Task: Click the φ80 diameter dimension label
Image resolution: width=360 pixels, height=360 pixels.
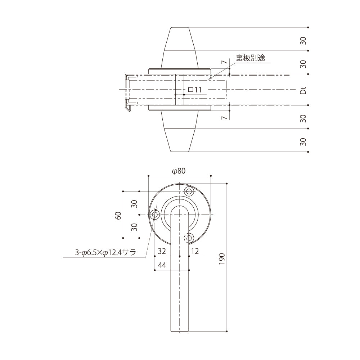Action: point(179,171)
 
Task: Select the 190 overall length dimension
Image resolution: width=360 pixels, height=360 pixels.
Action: point(221,259)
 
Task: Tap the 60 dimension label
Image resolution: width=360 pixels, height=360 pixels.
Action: point(118,215)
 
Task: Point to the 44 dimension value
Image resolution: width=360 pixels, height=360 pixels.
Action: point(162,265)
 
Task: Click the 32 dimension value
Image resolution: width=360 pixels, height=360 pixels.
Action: point(162,251)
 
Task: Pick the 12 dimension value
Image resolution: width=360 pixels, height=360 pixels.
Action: point(195,251)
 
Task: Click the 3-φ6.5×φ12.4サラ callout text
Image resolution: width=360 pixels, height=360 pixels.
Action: point(105,253)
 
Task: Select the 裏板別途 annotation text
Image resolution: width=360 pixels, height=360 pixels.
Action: point(250,58)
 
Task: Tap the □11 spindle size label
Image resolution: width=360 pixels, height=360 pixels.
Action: point(195,90)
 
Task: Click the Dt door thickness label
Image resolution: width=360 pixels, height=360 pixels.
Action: point(303,90)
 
